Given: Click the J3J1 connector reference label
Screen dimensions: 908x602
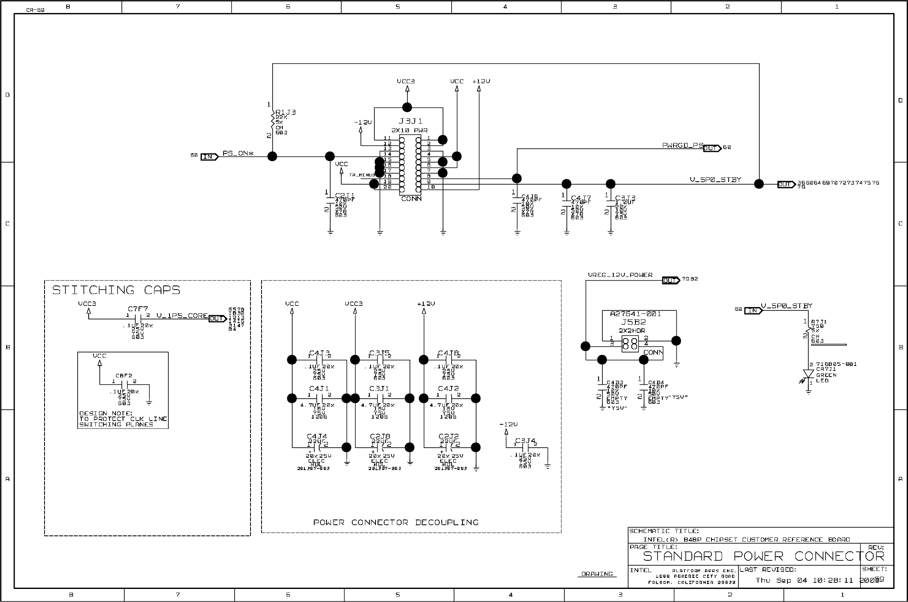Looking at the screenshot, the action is click(410, 121).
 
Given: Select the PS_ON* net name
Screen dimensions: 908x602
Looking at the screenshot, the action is click(238, 154).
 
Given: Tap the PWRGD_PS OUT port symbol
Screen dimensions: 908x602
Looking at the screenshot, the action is click(712, 148).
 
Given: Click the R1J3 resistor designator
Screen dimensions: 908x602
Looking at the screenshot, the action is click(285, 112).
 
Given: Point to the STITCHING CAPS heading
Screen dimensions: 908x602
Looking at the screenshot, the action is click(116, 290).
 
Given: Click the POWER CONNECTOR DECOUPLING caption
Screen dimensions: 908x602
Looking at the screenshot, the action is click(396, 522).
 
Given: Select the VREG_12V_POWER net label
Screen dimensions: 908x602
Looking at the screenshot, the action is click(620, 275).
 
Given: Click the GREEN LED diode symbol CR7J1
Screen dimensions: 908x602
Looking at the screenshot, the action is click(808, 375).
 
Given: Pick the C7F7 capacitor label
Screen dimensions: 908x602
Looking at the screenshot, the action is click(138, 309).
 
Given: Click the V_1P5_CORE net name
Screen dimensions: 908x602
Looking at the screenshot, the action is click(182, 316).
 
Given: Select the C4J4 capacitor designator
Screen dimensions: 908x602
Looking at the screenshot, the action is click(317, 436).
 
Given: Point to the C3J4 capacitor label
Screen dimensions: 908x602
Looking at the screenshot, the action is click(525, 441).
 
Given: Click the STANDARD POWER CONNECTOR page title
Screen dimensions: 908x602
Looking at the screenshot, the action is click(763, 556).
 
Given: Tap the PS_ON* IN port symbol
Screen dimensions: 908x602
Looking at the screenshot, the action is click(209, 157).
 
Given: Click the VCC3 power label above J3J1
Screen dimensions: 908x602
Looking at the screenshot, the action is click(406, 81).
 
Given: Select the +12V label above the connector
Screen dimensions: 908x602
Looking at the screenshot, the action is click(481, 81).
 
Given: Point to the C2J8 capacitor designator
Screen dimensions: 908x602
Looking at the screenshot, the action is click(380, 436).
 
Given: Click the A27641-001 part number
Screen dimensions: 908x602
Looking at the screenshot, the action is click(635, 314).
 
